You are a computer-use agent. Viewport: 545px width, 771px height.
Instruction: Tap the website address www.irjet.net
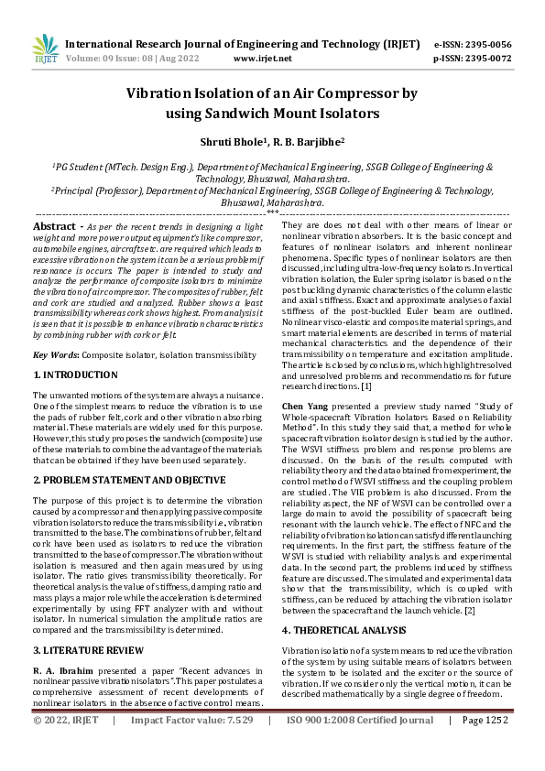[x=263, y=58]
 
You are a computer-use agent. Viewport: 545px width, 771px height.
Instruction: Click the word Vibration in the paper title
[x=165, y=92]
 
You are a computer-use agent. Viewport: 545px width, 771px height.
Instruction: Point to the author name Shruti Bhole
[x=230, y=143]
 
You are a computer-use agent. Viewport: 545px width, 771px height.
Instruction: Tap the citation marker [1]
[x=365, y=360]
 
